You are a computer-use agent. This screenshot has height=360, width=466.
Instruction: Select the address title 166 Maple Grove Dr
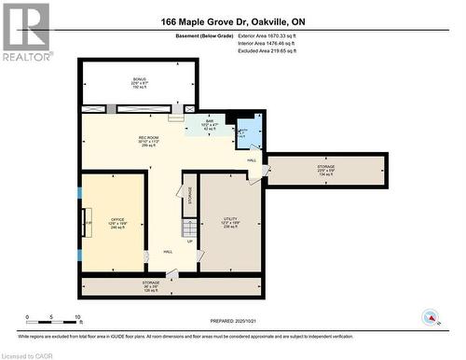click(x=232, y=21)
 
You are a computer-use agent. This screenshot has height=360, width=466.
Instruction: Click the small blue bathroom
click(x=247, y=132)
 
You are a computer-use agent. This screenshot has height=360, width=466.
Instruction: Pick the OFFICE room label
click(x=118, y=222)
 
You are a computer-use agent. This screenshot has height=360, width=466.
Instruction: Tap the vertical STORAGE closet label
click(x=189, y=195)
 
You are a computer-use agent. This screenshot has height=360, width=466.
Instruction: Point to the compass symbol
click(x=431, y=316)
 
